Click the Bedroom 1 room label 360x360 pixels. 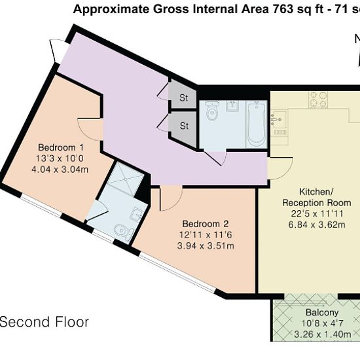point(61,147)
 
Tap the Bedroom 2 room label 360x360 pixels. point(206,224)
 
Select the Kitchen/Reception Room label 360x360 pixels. point(317,197)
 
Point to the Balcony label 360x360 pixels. point(322,312)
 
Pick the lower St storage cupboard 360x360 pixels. point(183,128)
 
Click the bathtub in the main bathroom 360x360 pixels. point(257,124)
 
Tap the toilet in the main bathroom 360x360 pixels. point(211,111)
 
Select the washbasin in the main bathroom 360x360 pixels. point(232,106)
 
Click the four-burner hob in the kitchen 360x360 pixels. point(318,99)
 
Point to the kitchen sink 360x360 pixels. point(278,119)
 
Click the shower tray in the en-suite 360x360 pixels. point(126,179)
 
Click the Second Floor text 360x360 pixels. point(45,322)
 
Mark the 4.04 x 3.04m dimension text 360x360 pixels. point(60,170)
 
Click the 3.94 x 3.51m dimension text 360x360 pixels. point(206,246)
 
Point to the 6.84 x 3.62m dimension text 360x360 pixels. point(317,225)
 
